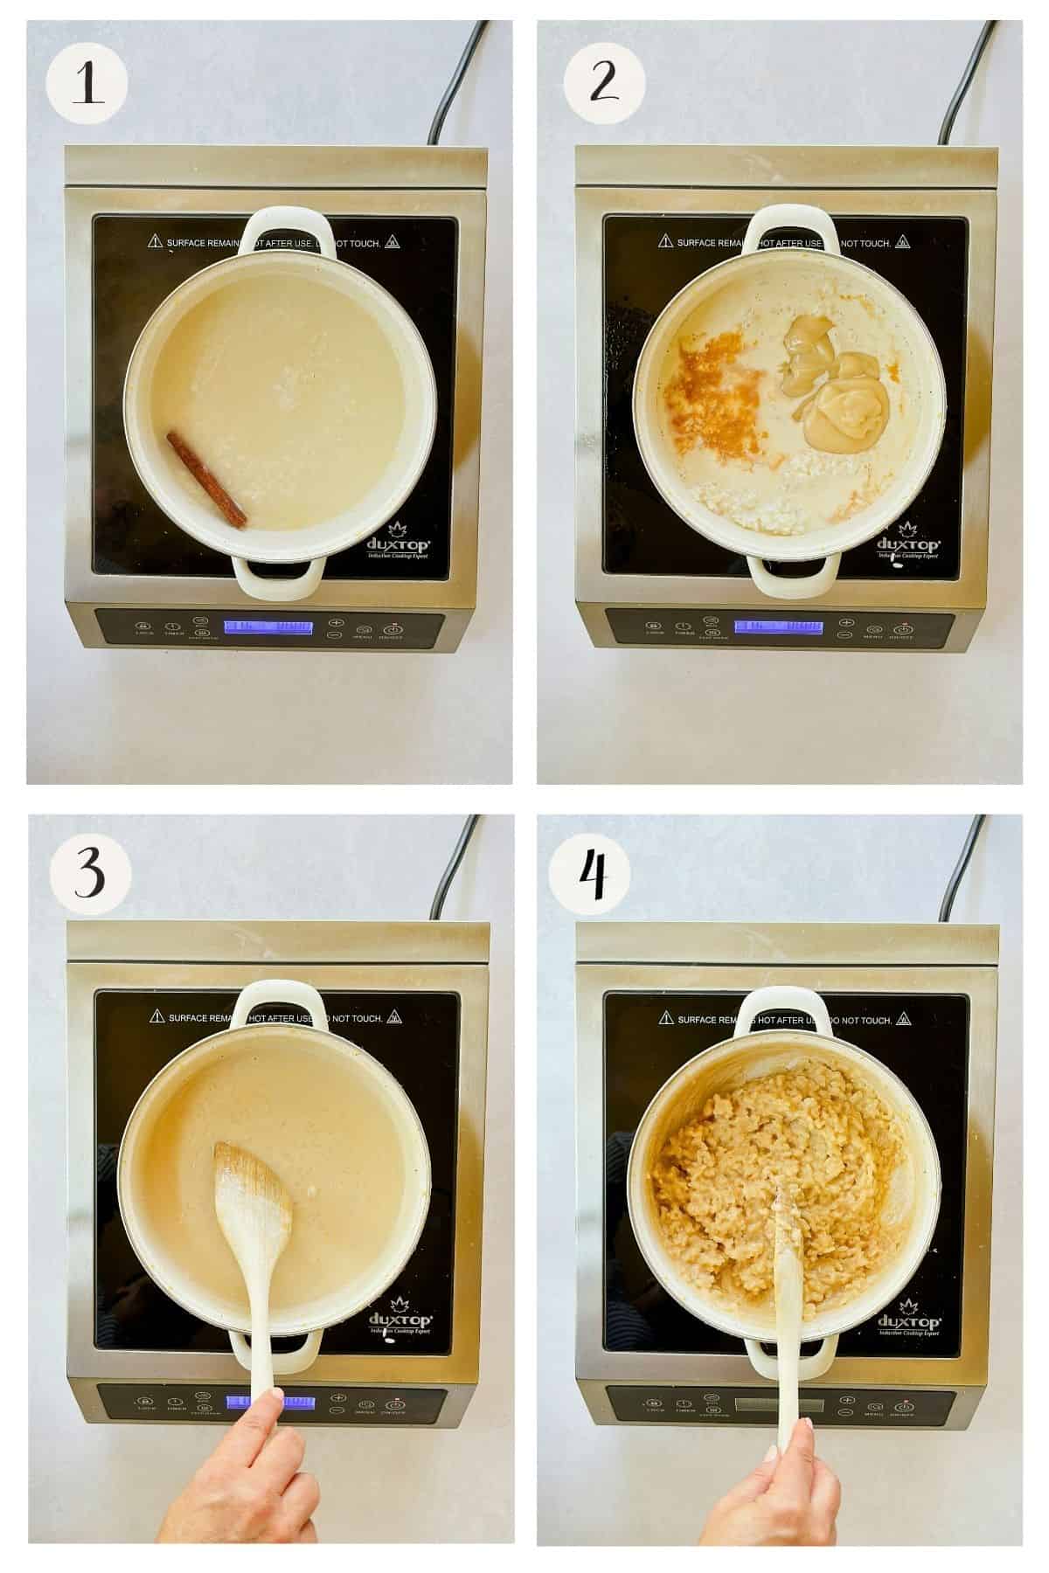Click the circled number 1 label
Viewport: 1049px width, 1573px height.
[x=87, y=85]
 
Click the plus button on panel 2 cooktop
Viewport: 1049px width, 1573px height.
[x=845, y=622]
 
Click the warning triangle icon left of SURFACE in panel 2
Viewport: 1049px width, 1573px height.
[x=663, y=242]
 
